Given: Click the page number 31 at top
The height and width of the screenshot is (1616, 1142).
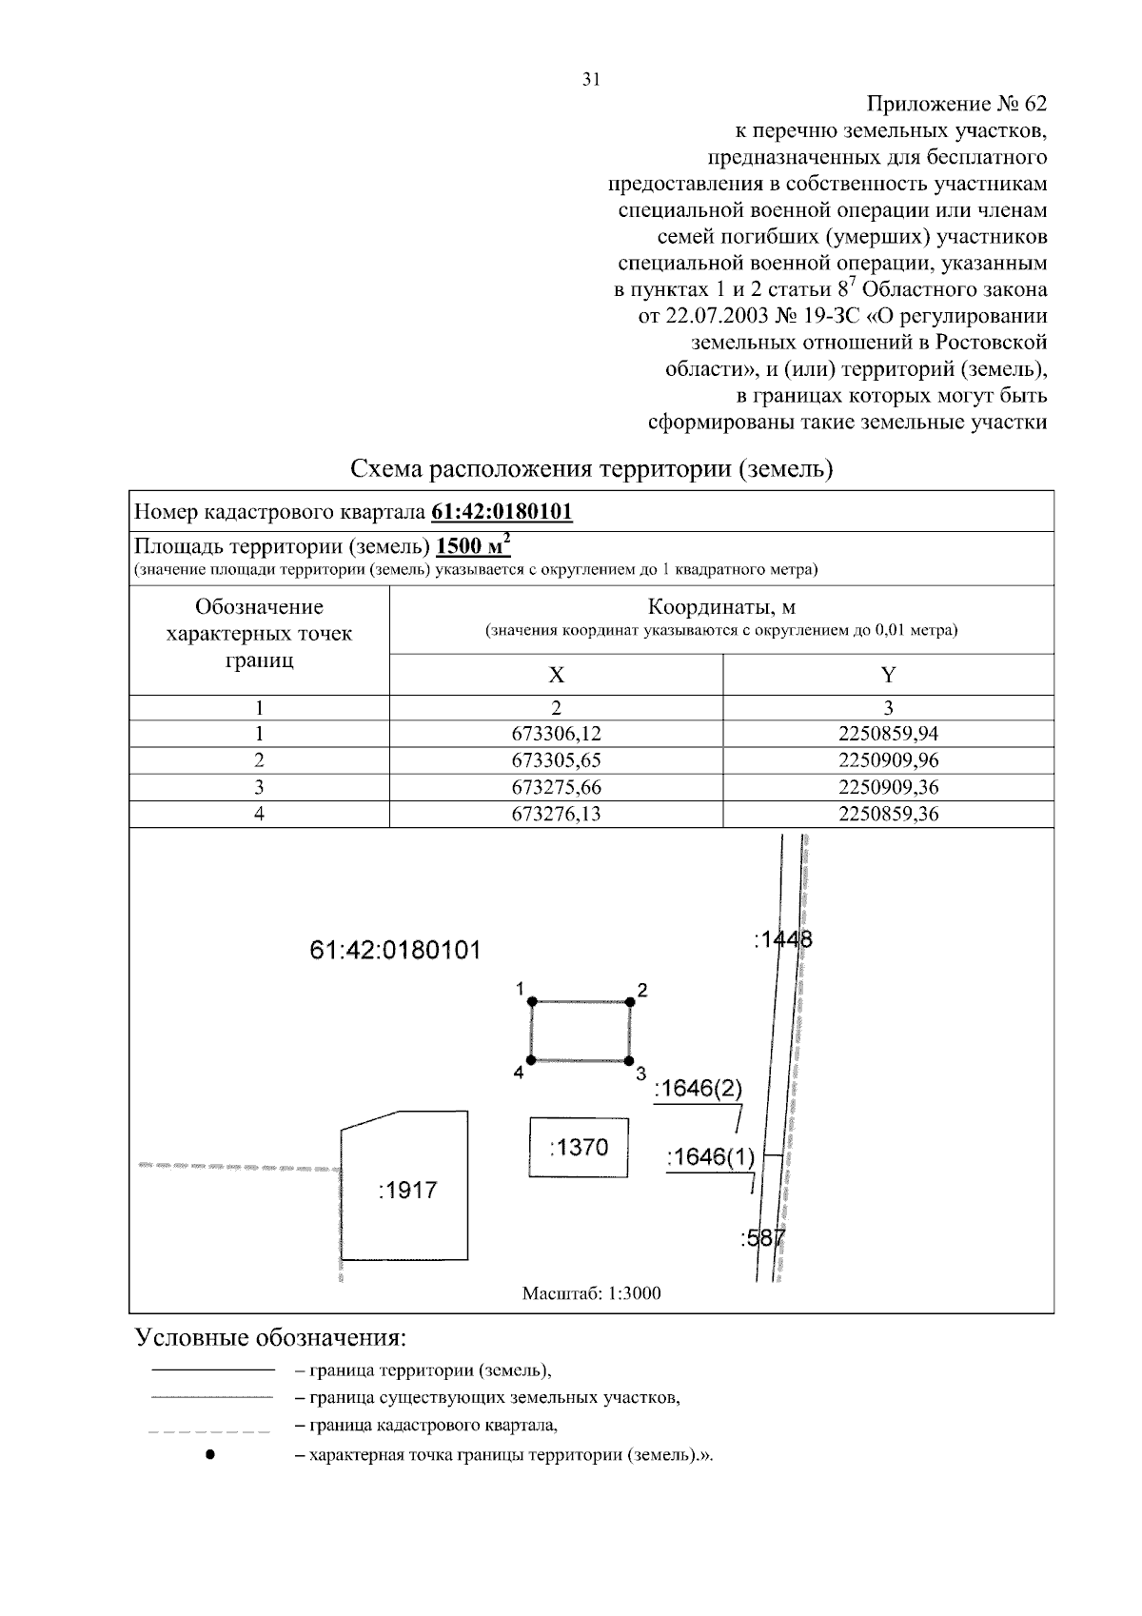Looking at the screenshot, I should click(x=590, y=80).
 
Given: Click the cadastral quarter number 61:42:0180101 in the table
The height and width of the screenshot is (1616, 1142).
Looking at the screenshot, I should click(x=502, y=512).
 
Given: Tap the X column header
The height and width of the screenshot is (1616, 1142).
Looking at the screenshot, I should click(x=556, y=675).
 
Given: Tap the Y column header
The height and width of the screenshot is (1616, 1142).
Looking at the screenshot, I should click(x=888, y=675).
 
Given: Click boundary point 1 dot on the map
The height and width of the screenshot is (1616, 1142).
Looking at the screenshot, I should click(x=532, y=1001).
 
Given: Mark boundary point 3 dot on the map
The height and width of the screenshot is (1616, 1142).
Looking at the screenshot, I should click(x=630, y=1060).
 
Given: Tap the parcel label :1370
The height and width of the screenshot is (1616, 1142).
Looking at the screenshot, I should click(x=579, y=1147).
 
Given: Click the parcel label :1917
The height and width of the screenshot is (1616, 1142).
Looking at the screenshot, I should click(x=407, y=1190).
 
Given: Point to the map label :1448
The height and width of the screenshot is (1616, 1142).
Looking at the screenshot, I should click(x=782, y=940).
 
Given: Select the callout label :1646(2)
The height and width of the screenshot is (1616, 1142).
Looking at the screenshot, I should click(x=699, y=1089).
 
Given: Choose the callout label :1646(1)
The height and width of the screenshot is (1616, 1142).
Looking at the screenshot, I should click(x=711, y=1157).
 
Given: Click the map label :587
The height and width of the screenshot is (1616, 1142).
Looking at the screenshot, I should click(x=762, y=1238).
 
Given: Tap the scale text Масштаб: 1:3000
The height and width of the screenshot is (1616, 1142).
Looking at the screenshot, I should click(x=591, y=1293).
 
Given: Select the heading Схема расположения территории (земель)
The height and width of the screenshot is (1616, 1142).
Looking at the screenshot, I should click(x=591, y=469).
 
